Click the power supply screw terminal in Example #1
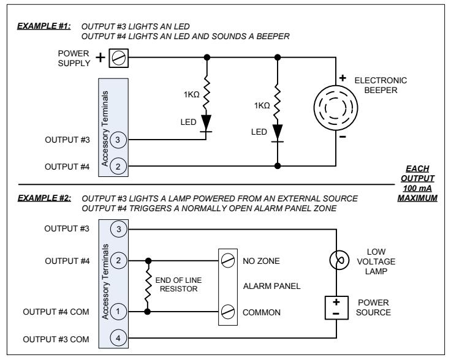click(118, 58)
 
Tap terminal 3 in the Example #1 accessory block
click(118, 140)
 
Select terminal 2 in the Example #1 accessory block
click(118, 167)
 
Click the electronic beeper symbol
click(336, 108)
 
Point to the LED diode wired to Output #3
click(206, 124)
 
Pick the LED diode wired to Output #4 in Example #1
click(277, 133)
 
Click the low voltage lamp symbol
click(339, 260)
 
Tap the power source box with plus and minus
click(336, 308)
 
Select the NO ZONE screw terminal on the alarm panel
click(228, 261)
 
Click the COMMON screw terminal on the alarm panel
click(228, 312)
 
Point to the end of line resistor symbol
click(148, 286)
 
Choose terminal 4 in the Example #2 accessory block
click(118, 338)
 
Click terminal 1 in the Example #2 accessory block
click(118, 312)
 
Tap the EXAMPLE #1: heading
click(44, 26)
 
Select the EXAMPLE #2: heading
click(44, 198)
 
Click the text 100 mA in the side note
click(417, 189)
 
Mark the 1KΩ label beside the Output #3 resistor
click(192, 94)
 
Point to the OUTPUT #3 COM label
click(56, 339)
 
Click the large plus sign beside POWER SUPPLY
click(100, 58)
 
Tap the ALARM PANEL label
click(272, 286)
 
